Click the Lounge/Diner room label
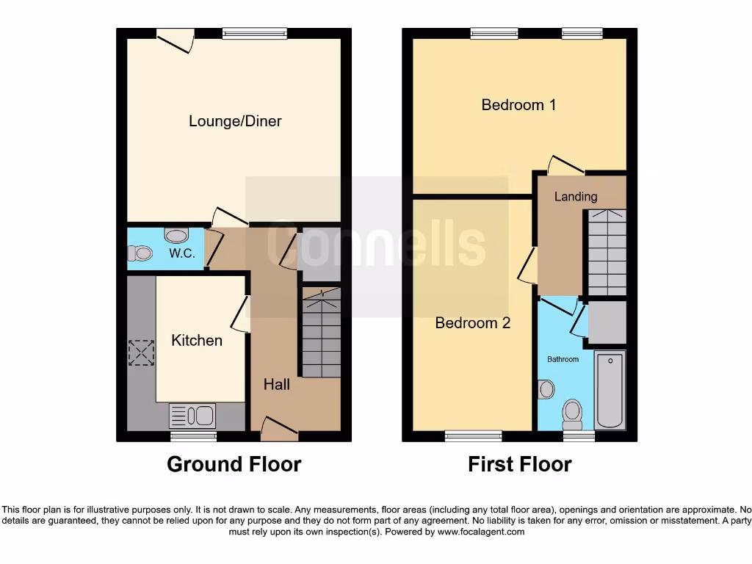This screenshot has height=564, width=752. pos(235,121)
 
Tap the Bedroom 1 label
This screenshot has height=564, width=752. pos(518,105)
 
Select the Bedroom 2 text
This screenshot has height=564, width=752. pos(472,323)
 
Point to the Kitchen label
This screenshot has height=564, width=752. pos(196,341)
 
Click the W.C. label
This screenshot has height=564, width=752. pos(181,254)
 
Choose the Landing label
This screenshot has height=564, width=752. pos(575,197)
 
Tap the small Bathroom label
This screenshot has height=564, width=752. pos(563,360)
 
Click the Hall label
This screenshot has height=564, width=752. pos(277,384)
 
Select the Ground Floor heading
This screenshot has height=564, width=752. pos(234,464)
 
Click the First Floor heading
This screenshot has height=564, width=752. pos(519,464)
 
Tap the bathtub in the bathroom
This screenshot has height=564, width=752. pos(610,390)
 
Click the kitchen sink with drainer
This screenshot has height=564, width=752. pos(192,416)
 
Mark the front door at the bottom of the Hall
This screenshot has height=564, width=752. pos(279,429)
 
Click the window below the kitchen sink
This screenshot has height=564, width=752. pos(194,436)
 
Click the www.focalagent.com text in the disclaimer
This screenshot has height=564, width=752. pos(480,532)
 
